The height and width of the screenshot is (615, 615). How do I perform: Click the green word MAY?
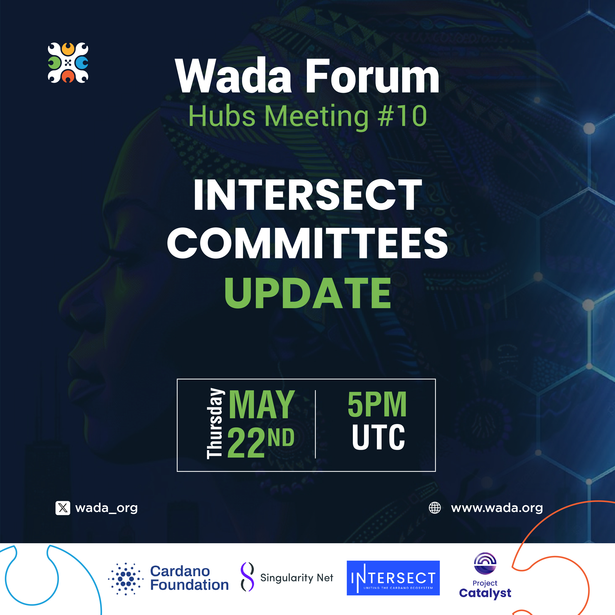262,405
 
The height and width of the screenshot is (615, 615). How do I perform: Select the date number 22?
246,442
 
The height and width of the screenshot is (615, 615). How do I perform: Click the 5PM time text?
377,404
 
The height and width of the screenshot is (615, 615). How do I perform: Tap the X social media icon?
63,508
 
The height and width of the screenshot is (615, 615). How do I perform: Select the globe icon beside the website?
435,508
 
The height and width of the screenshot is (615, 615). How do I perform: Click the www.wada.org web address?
497,508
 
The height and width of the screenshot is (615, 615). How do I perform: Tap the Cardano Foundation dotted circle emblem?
126,579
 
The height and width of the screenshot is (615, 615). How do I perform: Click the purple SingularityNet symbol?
247,577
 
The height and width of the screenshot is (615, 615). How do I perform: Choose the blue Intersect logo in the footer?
393,578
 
